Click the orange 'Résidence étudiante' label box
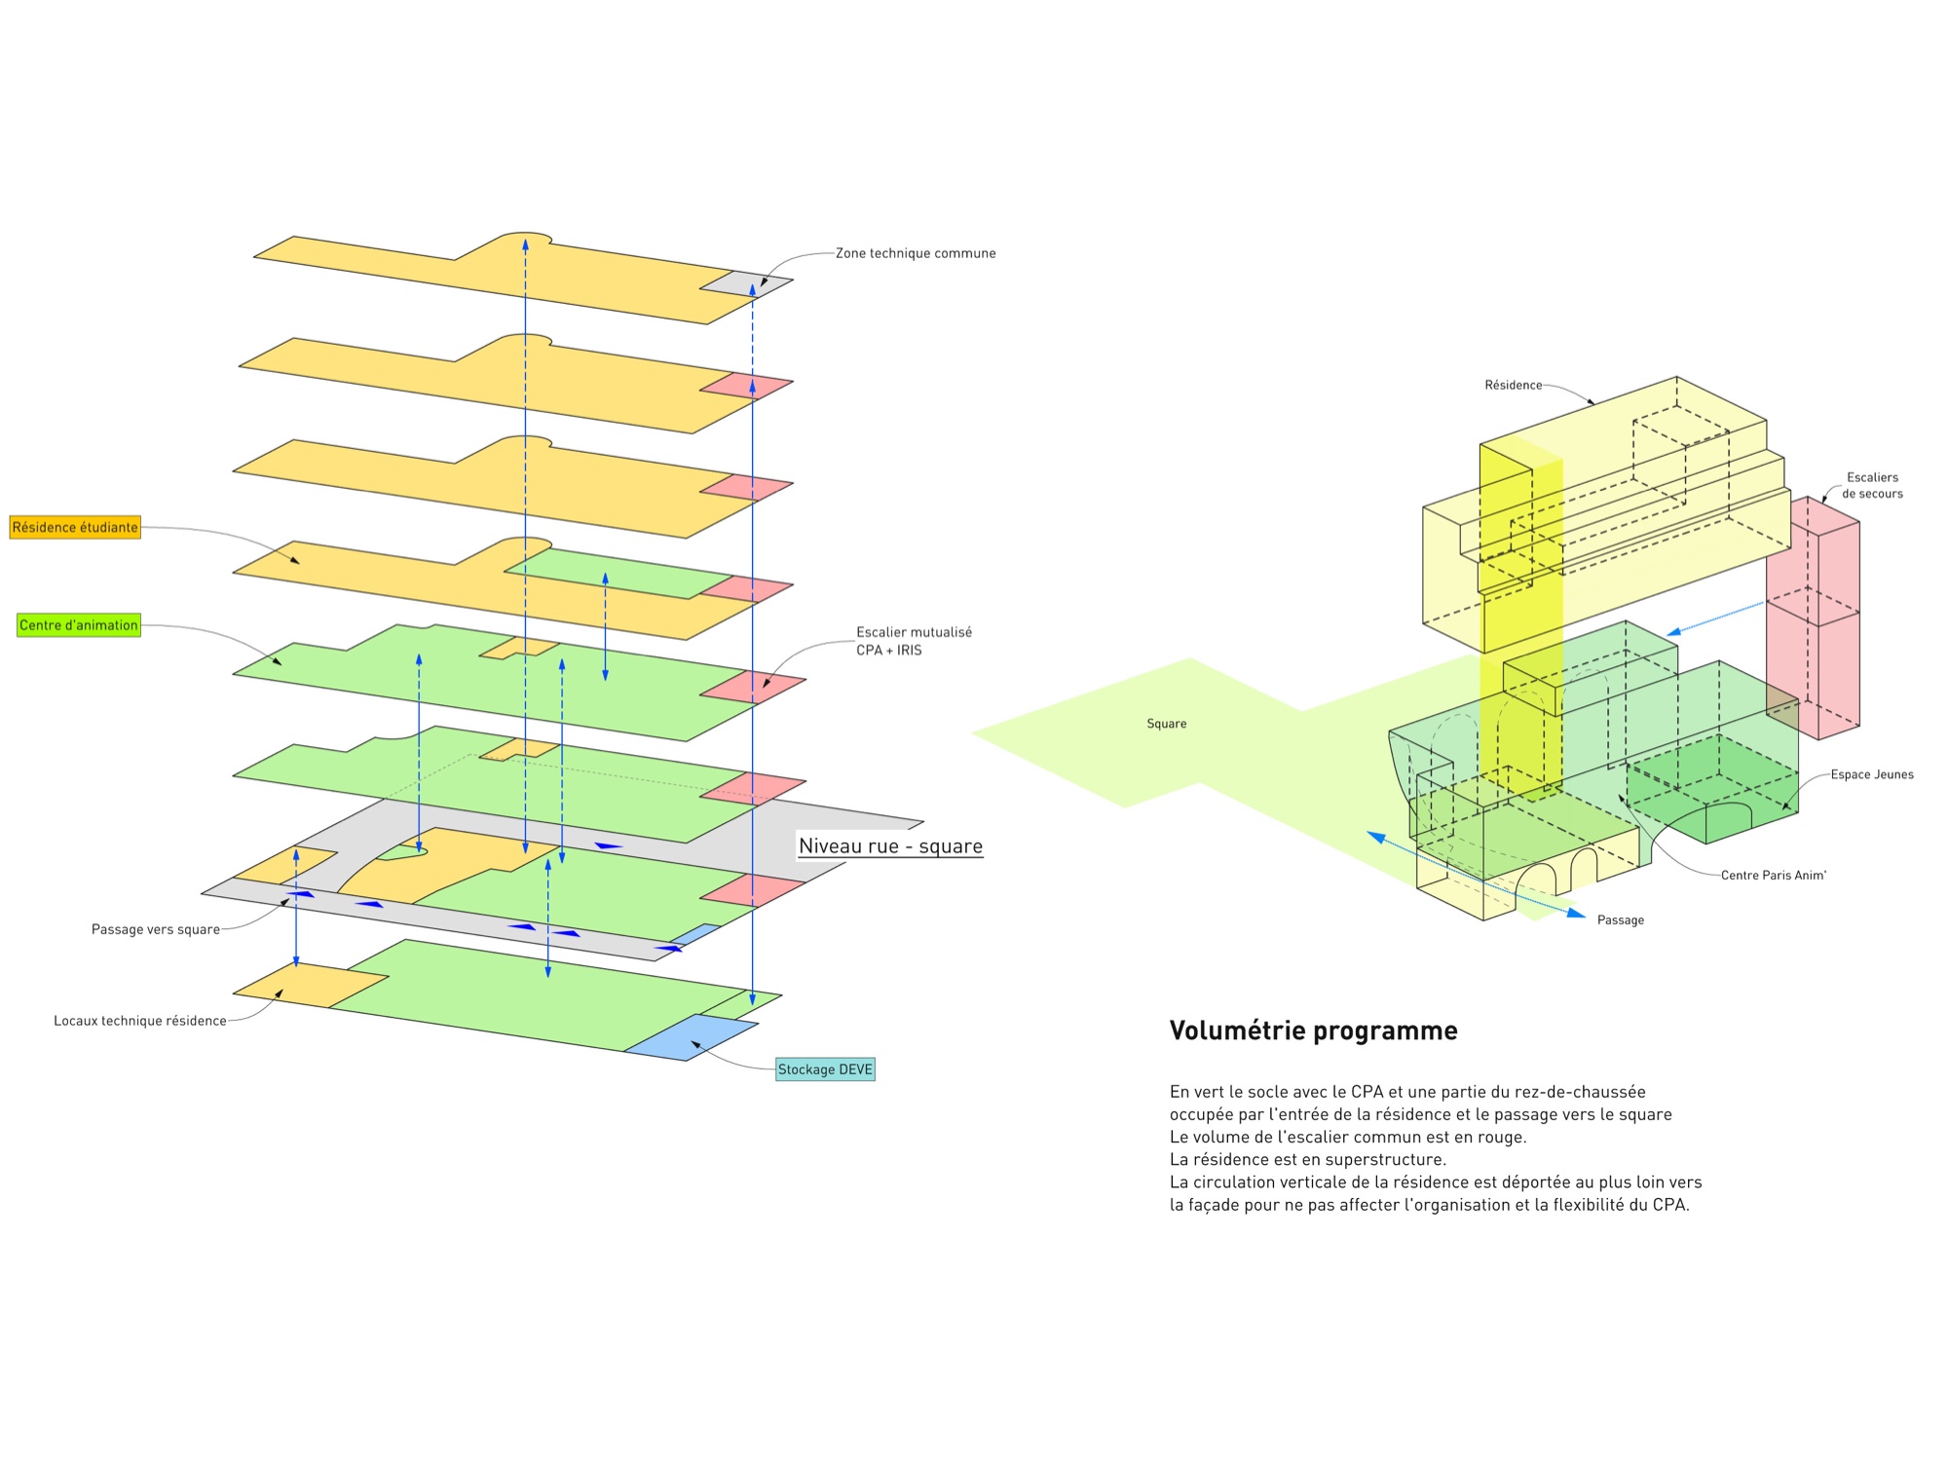click(x=75, y=527)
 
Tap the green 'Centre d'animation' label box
click(x=79, y=625)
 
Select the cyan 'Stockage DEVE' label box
click(x=825, y=1069)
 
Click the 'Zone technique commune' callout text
click(x=916, y=253)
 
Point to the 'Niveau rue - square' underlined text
click(x=890, y=846)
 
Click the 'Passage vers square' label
click(x=156, y=929)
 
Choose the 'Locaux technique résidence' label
click(x=140, y=1021)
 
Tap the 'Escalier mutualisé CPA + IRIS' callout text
click(x=914, y=641)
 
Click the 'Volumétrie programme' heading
click(x=1313, y=1030)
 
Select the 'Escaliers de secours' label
click(x=1872, y=485)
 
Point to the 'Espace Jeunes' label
click(x=1872, y=774)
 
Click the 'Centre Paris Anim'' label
click(x=1773, y=875)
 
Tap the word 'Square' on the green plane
click(x=1167, y=724)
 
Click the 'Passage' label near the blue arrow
click(x=1621, y=919)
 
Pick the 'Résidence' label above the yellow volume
click(x=1514, y=385)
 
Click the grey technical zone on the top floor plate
click(x=746, y=282)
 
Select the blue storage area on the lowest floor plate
click(x=692, y=1037)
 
